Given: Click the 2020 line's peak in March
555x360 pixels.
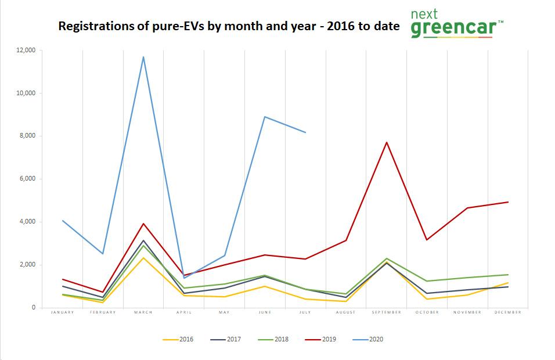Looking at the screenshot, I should tap(143, 57).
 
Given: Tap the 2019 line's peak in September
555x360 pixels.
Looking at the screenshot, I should tap(387, 142).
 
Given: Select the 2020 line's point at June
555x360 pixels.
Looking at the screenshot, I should tap(265, 117).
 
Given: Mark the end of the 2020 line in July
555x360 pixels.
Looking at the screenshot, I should tap(305, 132).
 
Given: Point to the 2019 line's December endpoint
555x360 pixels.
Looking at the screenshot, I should tap(508, 202).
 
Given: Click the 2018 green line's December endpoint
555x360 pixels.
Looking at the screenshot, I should tap(508, 275).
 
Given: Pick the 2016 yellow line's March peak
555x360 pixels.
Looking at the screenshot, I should tap(143, 257).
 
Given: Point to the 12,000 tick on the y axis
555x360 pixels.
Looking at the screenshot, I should tap(26, 51).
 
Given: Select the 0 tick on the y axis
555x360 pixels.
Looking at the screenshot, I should tap(34, 308).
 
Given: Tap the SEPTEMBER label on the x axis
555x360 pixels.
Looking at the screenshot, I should tap(386, 312).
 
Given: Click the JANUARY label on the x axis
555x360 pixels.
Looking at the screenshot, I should tap(62, 312).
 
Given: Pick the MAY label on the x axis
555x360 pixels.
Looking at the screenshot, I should tap(224, 312).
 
